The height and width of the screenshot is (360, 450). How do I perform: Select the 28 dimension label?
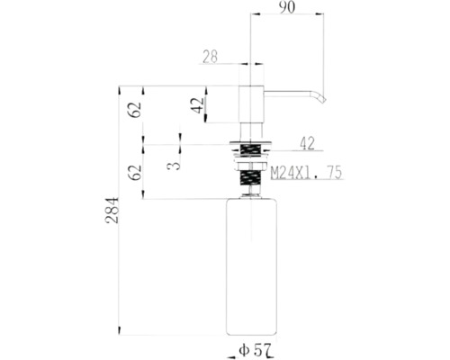pos(211,57)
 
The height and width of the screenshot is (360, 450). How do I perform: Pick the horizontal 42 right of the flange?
pos(306,141)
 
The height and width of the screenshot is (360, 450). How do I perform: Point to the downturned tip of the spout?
pos(318,96)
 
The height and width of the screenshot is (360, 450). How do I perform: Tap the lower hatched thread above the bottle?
pos(251,179)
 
